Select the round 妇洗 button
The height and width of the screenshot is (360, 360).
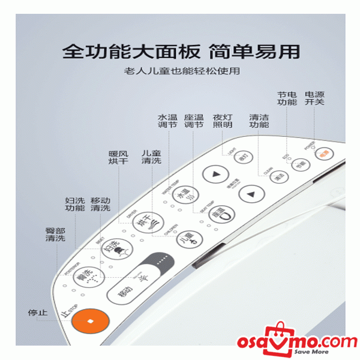tap(113, 247)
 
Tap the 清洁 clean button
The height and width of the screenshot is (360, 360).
tap(278, 176)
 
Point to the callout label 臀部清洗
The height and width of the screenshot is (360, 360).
tap(55, 234)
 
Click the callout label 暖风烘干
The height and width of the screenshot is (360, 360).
tap(118, 157)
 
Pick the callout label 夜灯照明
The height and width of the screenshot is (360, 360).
tap(223, 121)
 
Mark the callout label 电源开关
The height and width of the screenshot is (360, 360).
tap(314, 98)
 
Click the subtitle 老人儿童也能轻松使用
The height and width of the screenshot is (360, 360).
tap(180, 71)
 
